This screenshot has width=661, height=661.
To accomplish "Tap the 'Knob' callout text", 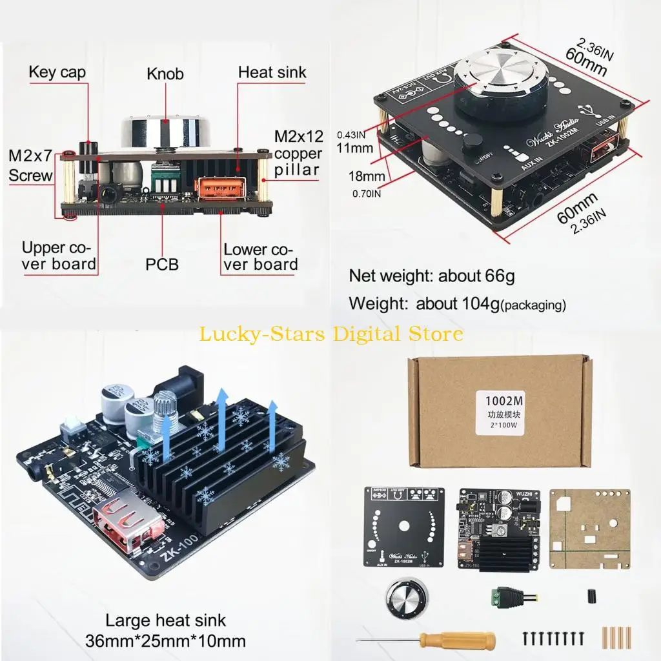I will pyautogui.click(x=165, y=74).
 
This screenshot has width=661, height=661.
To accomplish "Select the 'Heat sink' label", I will pyautogui.click(x=272, y=72).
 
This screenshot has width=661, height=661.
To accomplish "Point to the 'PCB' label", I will pyautogui.click(x=161, y=263).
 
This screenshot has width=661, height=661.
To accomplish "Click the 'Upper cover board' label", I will pyautogui.click(x=59, y=256).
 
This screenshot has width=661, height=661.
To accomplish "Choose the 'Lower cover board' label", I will pyautogui.click(x=261, y=257).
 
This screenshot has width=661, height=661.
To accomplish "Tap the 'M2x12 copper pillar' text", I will pyautogui.click(x=298, y=154).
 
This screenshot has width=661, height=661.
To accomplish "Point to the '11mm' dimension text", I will pyautogui.click(x=354, y=148).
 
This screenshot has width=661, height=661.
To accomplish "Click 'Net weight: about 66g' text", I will pyautogui.click(x=431, y=276).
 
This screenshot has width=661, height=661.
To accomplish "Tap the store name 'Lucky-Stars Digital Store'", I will pyautogui.click(x=330, y=334).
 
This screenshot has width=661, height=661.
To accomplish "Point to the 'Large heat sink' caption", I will pyautogui.click(x=166, y=620).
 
